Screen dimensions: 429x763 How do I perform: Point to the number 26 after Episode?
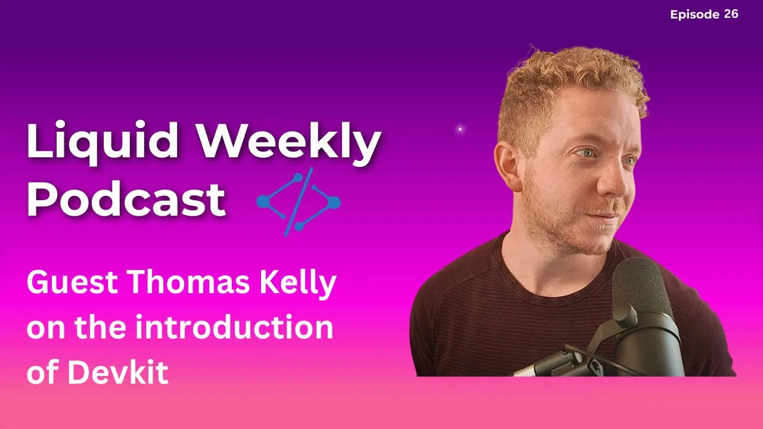point(731,14)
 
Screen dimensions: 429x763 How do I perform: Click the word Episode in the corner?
point(695,14)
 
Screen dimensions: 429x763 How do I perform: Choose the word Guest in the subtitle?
point(66,284)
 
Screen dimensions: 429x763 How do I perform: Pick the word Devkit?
point(117,373)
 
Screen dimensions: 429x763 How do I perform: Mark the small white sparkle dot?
point(460,129)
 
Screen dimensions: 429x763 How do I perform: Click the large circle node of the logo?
point(334,203)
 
